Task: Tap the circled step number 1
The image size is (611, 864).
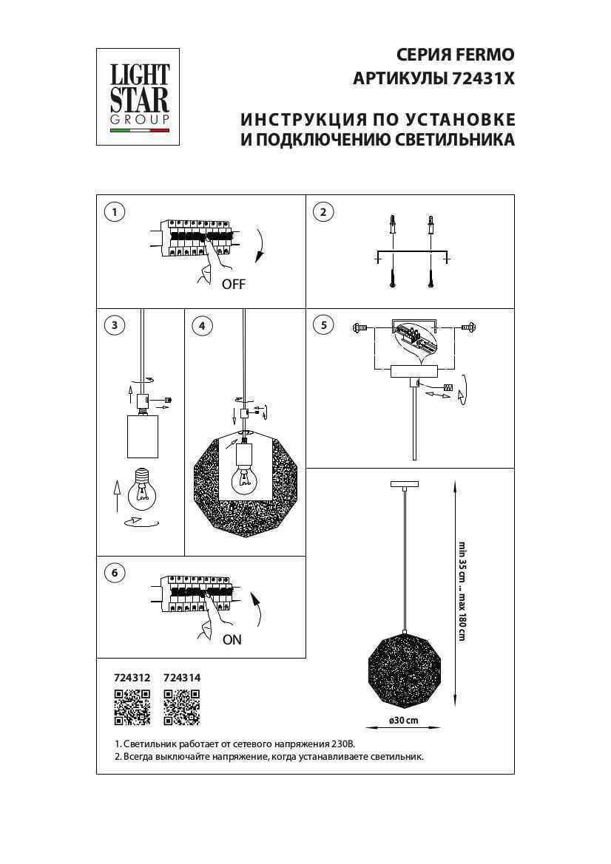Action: pyautogui.click(x=114, y=213)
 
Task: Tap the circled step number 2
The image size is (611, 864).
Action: pyautogui.click(x=323, y=213)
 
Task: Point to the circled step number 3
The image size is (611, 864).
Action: pyautogui.click(x=114, y=325)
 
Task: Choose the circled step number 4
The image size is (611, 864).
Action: pyautogui.click(x=201, y=325)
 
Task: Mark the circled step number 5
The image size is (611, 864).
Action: pyautogui.click(x=323, y=325)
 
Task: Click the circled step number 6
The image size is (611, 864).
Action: pyautogui.click(x=114, y=573)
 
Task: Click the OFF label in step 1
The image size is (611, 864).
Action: pyautogui.click(x=233, y=285)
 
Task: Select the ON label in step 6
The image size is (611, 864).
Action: pyautogui.click(x=232, y=640)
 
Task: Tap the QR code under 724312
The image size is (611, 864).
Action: pyautogui.click(x=132, y=706)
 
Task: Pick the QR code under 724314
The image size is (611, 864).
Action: pyautogui.click(x=181, y=706)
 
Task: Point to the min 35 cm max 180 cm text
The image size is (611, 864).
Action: pyautogui.click(x=462, y=591)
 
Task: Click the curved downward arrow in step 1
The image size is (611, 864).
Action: pyautogui.click(x=259, y=245)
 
